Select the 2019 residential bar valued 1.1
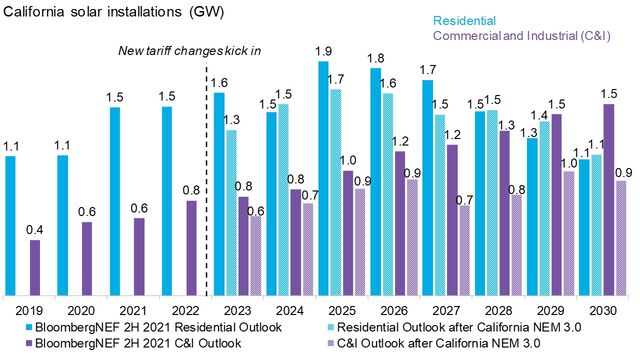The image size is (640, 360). pyautogui.click(x=10, y=225)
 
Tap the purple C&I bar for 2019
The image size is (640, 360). pyautogui.click(x=35, y=267)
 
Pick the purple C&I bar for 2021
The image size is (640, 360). pyautogui.click(x=139, y=256)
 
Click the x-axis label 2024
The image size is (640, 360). pyautogui.click(x=290, y=310)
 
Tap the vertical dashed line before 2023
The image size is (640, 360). pyautogui.click(x=206, y=180)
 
